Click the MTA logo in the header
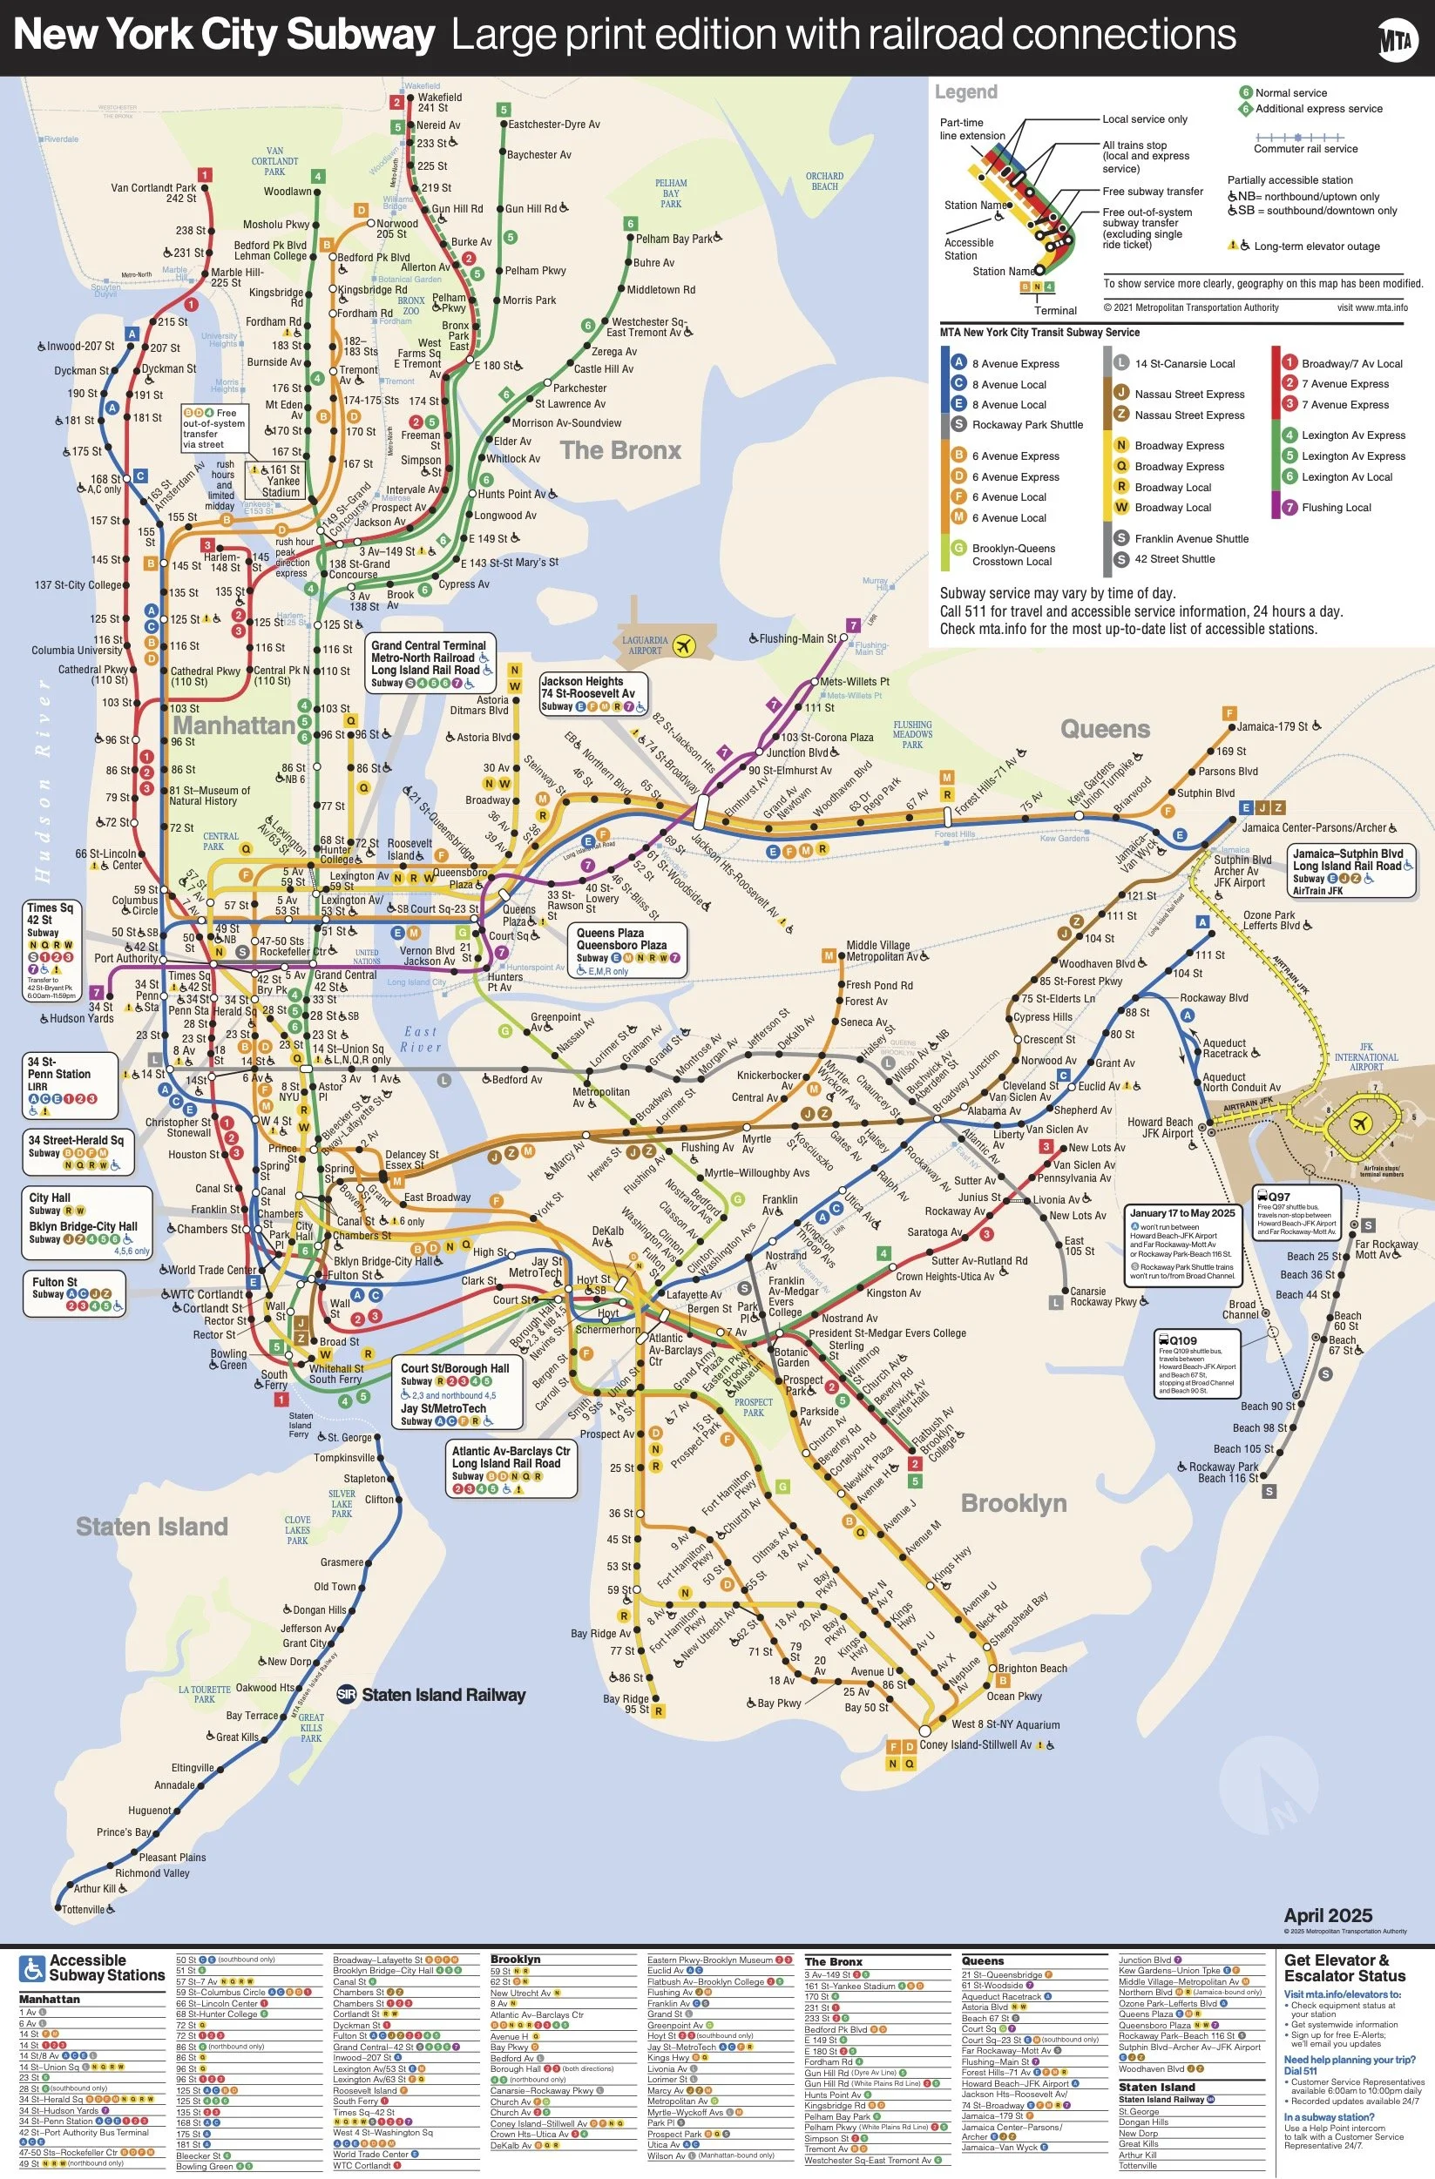[1397, 39]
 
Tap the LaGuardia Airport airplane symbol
[682, 646]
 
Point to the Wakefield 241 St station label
[440, 103]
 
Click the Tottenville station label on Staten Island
[84, 1910]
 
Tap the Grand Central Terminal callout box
[429, 664]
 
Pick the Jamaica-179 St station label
[1272, 726]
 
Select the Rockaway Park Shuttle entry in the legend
[1026, 425]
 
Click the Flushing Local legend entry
[1335, 507]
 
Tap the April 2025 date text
[1327, 1916]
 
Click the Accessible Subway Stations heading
[106, 1968]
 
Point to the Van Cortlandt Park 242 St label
[154, 192]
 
